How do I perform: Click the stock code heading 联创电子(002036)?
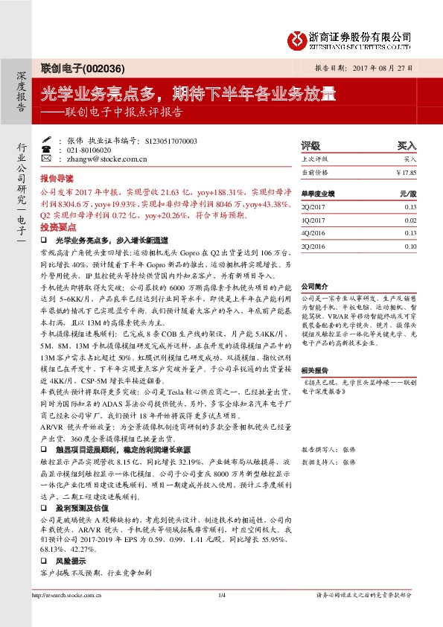pos(73,67)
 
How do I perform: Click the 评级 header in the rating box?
pos(310,146)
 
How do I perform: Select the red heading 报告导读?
pos(57,179)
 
